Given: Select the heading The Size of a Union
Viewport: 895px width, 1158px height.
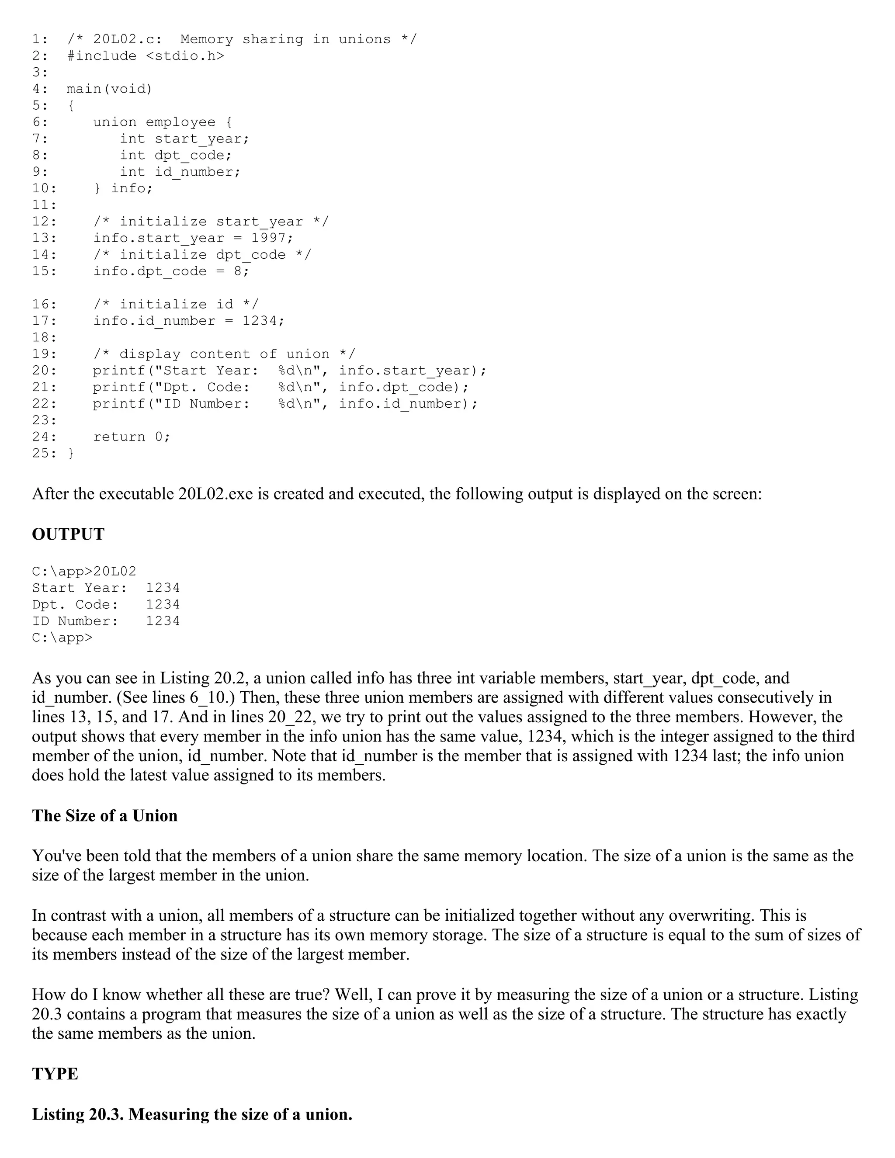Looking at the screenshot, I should point(104,815).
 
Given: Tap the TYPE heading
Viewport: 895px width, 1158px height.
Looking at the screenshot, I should point(55,1074).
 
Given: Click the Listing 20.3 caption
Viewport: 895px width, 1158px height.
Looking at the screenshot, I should point(192,1114).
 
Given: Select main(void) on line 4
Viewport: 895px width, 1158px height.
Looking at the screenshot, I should point(109,89).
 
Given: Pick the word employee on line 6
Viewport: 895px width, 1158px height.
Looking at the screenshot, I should point(180,122).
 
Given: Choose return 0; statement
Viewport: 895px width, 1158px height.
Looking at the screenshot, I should point(132,437).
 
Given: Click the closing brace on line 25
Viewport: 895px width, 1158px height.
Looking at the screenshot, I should point(71,453).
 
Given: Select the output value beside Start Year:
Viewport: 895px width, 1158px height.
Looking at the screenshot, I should point(163,588).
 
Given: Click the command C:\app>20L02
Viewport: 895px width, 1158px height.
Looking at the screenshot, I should point(84,572).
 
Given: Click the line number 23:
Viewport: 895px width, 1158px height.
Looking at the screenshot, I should point(44,420).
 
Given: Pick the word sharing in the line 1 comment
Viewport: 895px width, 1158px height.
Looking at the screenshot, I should point(273,39).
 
